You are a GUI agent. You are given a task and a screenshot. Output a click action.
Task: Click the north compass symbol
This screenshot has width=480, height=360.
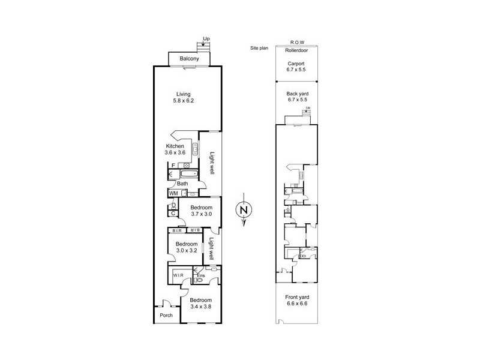click(x=242, y=210)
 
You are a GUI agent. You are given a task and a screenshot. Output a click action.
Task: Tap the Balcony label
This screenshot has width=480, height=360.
click(x=190, y=59)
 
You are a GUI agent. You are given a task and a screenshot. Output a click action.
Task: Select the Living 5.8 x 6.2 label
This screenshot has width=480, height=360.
click(x=184, y=97)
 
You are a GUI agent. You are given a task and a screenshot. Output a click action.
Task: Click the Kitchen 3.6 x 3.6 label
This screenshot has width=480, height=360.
click(x=175, y=149)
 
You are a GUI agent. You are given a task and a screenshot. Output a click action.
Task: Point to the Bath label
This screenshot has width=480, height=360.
click(x=182, y=184)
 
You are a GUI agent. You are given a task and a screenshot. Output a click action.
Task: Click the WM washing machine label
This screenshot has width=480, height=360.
click(x=173, y=193)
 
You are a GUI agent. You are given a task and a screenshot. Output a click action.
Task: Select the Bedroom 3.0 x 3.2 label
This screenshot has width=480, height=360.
click(x=187, y=248)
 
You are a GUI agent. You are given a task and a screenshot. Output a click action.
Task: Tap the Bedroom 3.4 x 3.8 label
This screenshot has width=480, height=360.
click(x=201, y=304)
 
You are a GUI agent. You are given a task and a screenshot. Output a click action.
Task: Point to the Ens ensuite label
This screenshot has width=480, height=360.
click(x=201, y=276)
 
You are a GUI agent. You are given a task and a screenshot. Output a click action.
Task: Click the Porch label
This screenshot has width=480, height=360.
click(x=166, y=315)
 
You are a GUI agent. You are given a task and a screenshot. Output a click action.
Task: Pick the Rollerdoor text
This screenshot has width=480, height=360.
click(x=296, y=51)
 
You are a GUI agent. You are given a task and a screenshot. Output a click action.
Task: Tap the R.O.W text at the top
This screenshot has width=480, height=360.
click(x=296, y=43)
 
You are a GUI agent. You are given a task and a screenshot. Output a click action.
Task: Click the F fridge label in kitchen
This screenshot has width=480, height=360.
click(x=173, y=165)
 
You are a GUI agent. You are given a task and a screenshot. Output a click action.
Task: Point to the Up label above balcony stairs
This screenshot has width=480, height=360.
click(x=206, y=39)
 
